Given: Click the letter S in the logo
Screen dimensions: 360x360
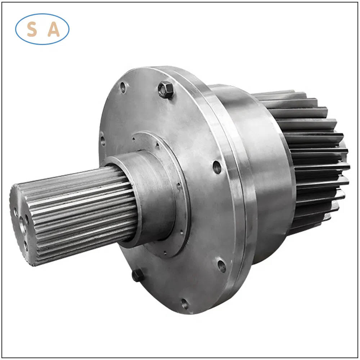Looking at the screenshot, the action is pyautogui.click(x=32, y=30).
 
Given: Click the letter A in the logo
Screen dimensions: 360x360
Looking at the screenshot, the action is pyautogui.click(x=54, y=30).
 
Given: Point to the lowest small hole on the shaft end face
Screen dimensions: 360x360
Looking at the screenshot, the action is pyautogui.click(x=26, y=245).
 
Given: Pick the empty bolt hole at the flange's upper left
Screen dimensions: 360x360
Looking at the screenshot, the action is pyautogui.click(x=123, y=87).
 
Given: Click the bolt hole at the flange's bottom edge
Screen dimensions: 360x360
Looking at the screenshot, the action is pyautogui.click(x=185, y=304).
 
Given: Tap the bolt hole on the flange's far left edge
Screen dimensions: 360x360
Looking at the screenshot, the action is pyautogui.click(x=102, y=139).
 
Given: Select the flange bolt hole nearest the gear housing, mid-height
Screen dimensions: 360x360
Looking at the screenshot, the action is pyautogui.click(x=217, y=167).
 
